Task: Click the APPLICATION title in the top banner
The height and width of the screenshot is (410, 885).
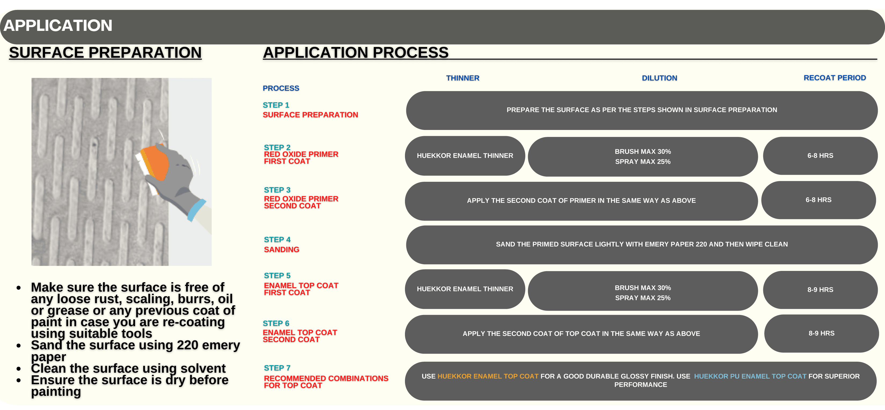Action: [x=58, y=26]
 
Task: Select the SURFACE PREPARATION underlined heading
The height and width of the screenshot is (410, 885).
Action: [x=105, y=53]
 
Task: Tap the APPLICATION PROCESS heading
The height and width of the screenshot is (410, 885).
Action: [x=356, y=53]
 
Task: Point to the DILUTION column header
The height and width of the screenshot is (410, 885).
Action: [x=659, y=78]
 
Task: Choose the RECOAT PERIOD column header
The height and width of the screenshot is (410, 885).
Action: [x=835, y=78]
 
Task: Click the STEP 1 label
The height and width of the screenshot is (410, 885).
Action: [x=276, y=105]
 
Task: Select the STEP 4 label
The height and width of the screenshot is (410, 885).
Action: [x=277, y=240]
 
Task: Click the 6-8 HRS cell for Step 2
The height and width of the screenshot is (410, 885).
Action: [x=820, y=155]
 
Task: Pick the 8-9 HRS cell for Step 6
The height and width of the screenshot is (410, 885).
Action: [x=821, y=333]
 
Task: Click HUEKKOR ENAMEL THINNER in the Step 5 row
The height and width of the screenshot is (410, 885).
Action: [x=465, y=289]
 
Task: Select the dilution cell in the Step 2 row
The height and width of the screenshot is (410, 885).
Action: [x=643, y=157]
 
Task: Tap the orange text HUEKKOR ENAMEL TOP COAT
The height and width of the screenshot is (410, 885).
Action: [x=488, y=376]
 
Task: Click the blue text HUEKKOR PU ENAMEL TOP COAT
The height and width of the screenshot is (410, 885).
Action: [x=750, y=376]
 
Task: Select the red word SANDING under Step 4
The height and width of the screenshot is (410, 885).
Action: [x=281, y=249]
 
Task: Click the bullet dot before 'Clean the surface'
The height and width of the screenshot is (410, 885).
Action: [x=19, y=369]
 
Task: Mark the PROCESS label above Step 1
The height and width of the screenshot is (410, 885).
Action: [x=281, y=88]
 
